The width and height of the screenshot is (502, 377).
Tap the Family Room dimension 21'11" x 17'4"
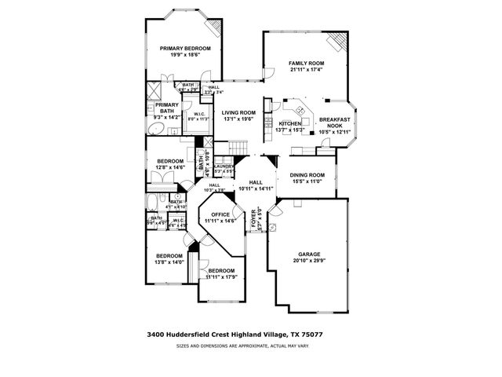point(306,70)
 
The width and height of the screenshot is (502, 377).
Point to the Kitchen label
point(290,124)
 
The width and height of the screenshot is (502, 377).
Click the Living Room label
point(238,112)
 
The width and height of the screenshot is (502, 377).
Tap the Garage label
point(308,255)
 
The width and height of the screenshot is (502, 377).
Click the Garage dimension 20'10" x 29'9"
point(308,262)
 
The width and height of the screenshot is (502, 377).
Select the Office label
point(220,214)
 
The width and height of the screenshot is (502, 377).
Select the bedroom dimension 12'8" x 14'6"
point(169,167)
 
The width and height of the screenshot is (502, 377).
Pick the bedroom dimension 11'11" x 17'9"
point(220,276)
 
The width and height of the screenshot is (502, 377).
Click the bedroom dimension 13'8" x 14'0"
point(169,262)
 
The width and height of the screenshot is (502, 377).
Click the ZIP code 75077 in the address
point(312,335)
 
